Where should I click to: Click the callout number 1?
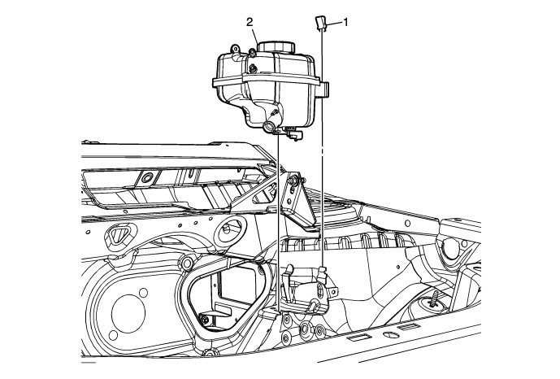[345, 23]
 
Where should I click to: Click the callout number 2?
[250, 23]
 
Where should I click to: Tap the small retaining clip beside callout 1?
[320, 24]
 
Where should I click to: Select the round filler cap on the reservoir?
[276, 47]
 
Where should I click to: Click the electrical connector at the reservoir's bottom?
[293, 133]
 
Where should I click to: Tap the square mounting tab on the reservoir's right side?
[324, 89]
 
